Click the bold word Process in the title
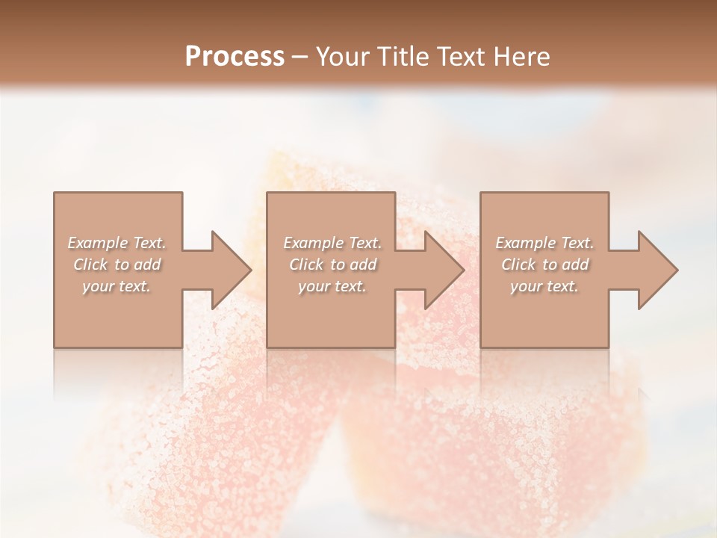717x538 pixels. (x=235, y=57)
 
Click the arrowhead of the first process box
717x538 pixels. (x=231, y=270)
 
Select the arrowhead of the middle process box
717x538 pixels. (x=444, y=270)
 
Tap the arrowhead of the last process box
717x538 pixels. (x=657, y=270)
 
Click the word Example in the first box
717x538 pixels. (x=97, y=243)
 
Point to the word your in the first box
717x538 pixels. (x=98, y=287)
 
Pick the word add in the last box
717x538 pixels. (x=574, y=265)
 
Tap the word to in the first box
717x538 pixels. (x=122, y=265)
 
